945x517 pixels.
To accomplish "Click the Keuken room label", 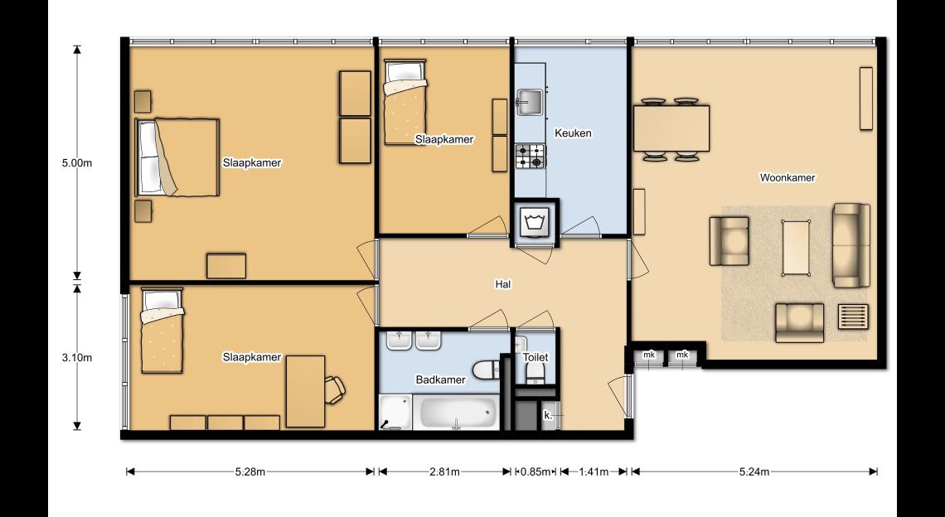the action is [573, 133].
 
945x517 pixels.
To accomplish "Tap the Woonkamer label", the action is [787, 178].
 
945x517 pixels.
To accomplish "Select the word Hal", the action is [502, 284].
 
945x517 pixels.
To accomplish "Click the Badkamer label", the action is [440, 379].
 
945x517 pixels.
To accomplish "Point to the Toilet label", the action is [535, 357].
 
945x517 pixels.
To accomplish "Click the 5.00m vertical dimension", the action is [77, 162].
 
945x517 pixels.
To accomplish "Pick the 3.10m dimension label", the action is [77, 357].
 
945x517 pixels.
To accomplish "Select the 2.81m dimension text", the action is [445, 471].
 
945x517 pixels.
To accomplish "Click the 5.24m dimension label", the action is [754, 471].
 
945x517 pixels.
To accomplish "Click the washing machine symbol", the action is [535, 222].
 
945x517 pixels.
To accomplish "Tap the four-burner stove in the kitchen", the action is [531, 156].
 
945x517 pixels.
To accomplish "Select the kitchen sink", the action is [531, 102].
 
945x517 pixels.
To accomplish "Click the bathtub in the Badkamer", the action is [458, 413].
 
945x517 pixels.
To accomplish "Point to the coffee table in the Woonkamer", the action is [796, 247].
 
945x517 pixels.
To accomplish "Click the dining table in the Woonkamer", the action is [671, 128].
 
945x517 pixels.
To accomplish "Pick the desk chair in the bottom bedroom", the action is [335, 389].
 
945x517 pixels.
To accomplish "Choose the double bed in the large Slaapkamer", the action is [177, 157].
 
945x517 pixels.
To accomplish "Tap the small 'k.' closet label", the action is [548, 415].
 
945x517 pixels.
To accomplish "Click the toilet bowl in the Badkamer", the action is [487, 370].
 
